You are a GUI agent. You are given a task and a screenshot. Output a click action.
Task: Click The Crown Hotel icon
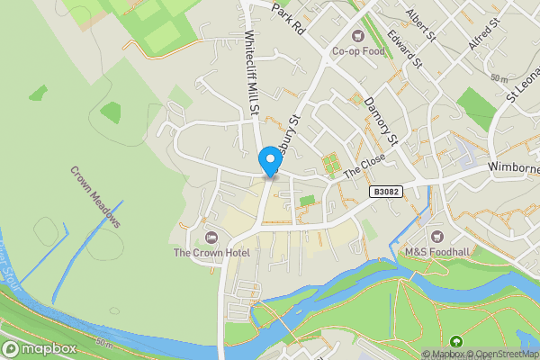[211, 237]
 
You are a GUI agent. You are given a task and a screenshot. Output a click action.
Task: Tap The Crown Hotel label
[211, 253]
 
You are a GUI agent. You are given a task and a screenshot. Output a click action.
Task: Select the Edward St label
[404, 49]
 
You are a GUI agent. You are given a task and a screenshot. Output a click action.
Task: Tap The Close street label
[364, 166]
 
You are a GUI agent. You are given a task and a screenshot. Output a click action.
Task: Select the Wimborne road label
[513, 167]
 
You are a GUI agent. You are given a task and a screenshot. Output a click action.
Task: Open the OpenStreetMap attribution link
[499, 354]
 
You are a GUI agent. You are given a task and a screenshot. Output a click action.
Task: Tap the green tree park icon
[456, 341]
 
